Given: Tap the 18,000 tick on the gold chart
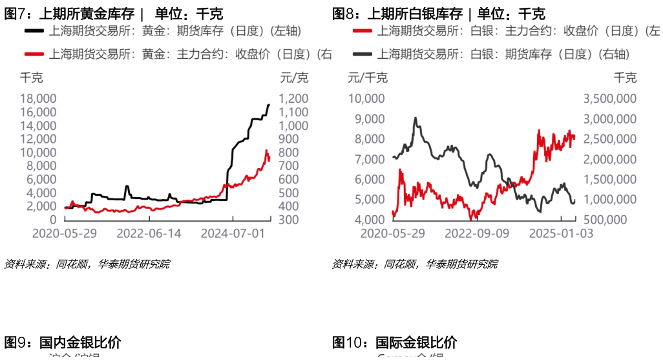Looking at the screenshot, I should tap(39, 99).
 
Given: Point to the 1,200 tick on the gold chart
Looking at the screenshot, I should tap(294, 99).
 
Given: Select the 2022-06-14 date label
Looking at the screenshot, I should tap(143, 232).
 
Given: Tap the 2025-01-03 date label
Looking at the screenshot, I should tap(561, 232).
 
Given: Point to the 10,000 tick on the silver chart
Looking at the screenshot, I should tap(367, 99).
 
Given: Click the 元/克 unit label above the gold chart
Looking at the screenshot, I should tap(294, 78).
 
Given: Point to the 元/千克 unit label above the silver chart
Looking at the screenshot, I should tap(368, 78).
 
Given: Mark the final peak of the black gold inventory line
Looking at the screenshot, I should tap(269, 105).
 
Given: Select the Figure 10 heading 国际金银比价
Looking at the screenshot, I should tap(395, 343).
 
